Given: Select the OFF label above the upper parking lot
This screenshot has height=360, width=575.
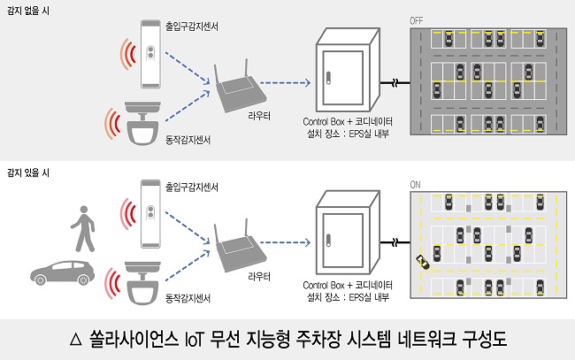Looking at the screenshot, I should click(x=417, y=19).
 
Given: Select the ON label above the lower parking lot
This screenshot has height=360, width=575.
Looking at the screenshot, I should click(x=416, y=184).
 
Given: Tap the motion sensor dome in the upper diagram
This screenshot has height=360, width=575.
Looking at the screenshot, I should click(x=142, y=125).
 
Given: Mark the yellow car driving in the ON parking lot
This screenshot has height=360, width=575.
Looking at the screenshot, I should click(x=425, y=263).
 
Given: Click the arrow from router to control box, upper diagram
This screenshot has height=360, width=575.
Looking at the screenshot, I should click(x=285, y=85).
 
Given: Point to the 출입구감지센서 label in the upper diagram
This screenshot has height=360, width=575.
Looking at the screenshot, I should click(x=191, y=27).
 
